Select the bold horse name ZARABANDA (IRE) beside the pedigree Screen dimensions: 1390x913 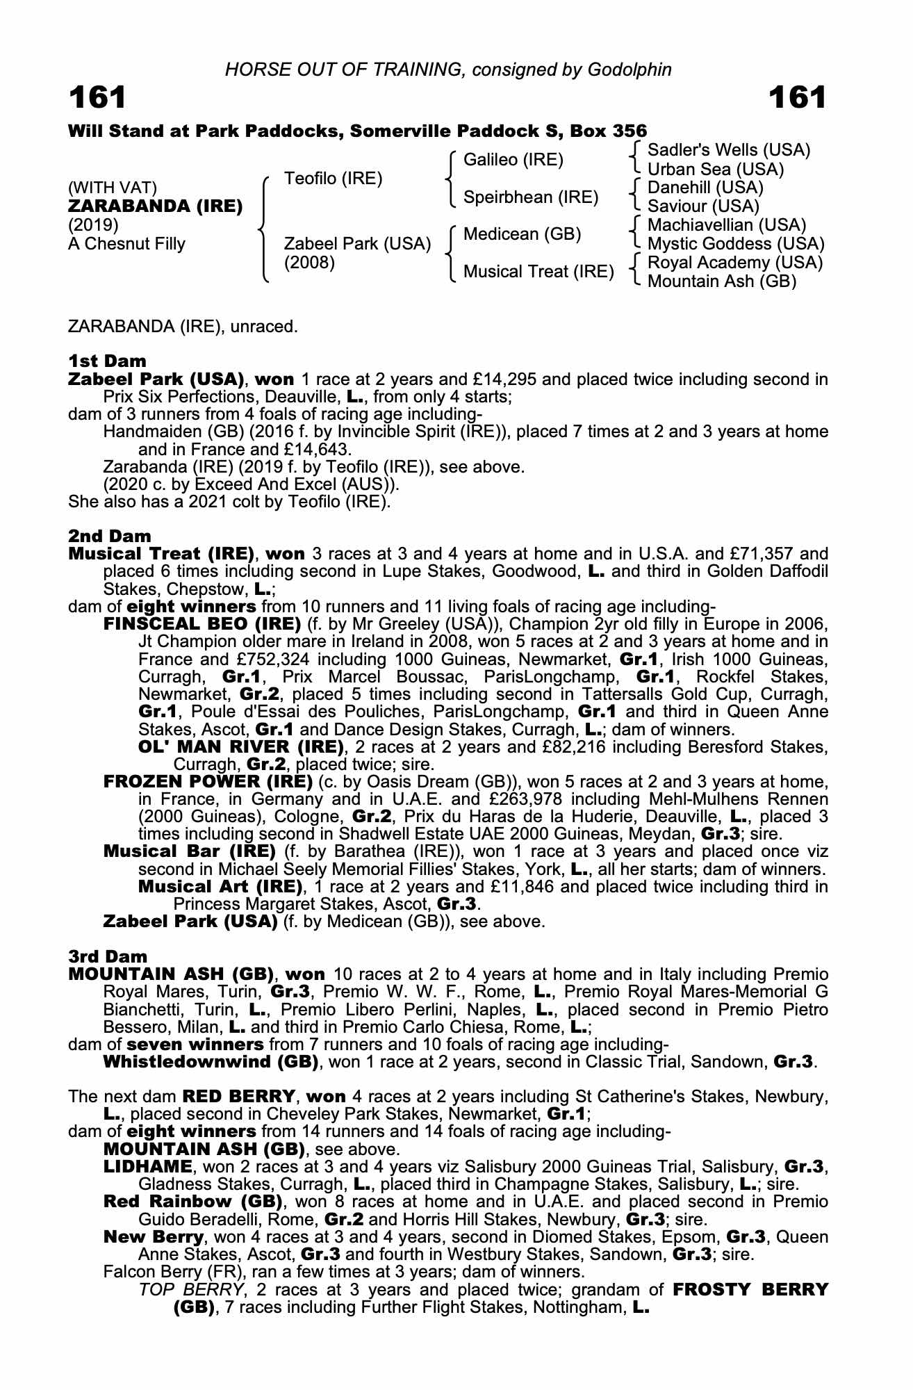click(x=156, y=206)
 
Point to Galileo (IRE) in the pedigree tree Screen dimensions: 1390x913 click(x=513, y=160)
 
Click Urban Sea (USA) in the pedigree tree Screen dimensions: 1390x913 click(x=716, y=170)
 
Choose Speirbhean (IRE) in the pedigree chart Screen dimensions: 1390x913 click(x=531, y=197)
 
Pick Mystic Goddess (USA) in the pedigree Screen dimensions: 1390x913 click(x=736, y=244)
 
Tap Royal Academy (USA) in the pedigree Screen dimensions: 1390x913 click(x=735, y=263)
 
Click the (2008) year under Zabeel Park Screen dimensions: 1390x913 click(x=310, y=263)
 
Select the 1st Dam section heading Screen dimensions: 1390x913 click(x=108, y=361)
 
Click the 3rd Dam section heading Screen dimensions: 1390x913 click(x=108, y=957)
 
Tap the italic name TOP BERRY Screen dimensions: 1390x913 click(x=192, y=1290)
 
